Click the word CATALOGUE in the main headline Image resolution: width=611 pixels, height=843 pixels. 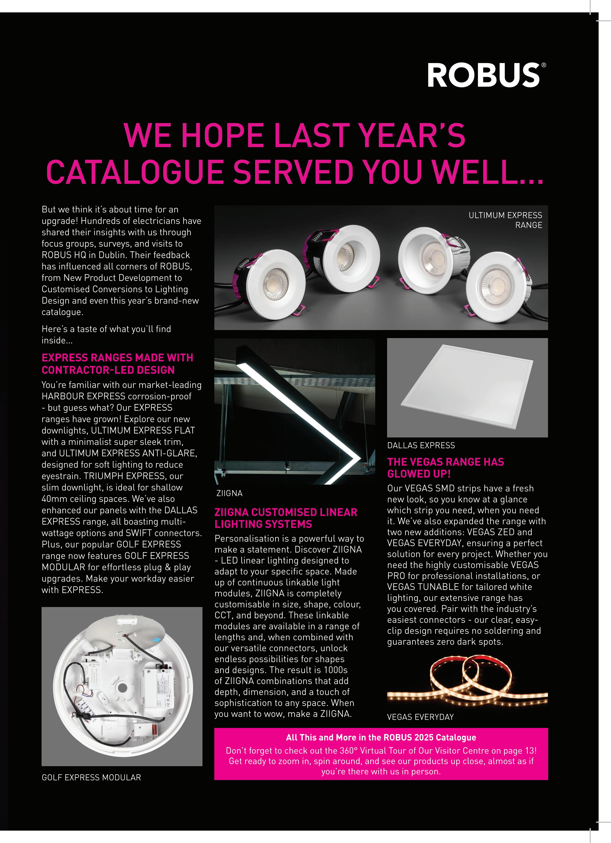135,172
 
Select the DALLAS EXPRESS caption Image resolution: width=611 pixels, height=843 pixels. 421,445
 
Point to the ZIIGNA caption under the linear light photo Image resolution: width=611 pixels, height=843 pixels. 229,493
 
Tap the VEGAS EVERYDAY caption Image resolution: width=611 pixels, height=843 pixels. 420,717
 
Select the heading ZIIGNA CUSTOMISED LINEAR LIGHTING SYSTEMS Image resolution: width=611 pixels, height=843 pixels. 286,518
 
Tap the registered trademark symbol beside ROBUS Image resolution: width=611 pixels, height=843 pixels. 544,65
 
